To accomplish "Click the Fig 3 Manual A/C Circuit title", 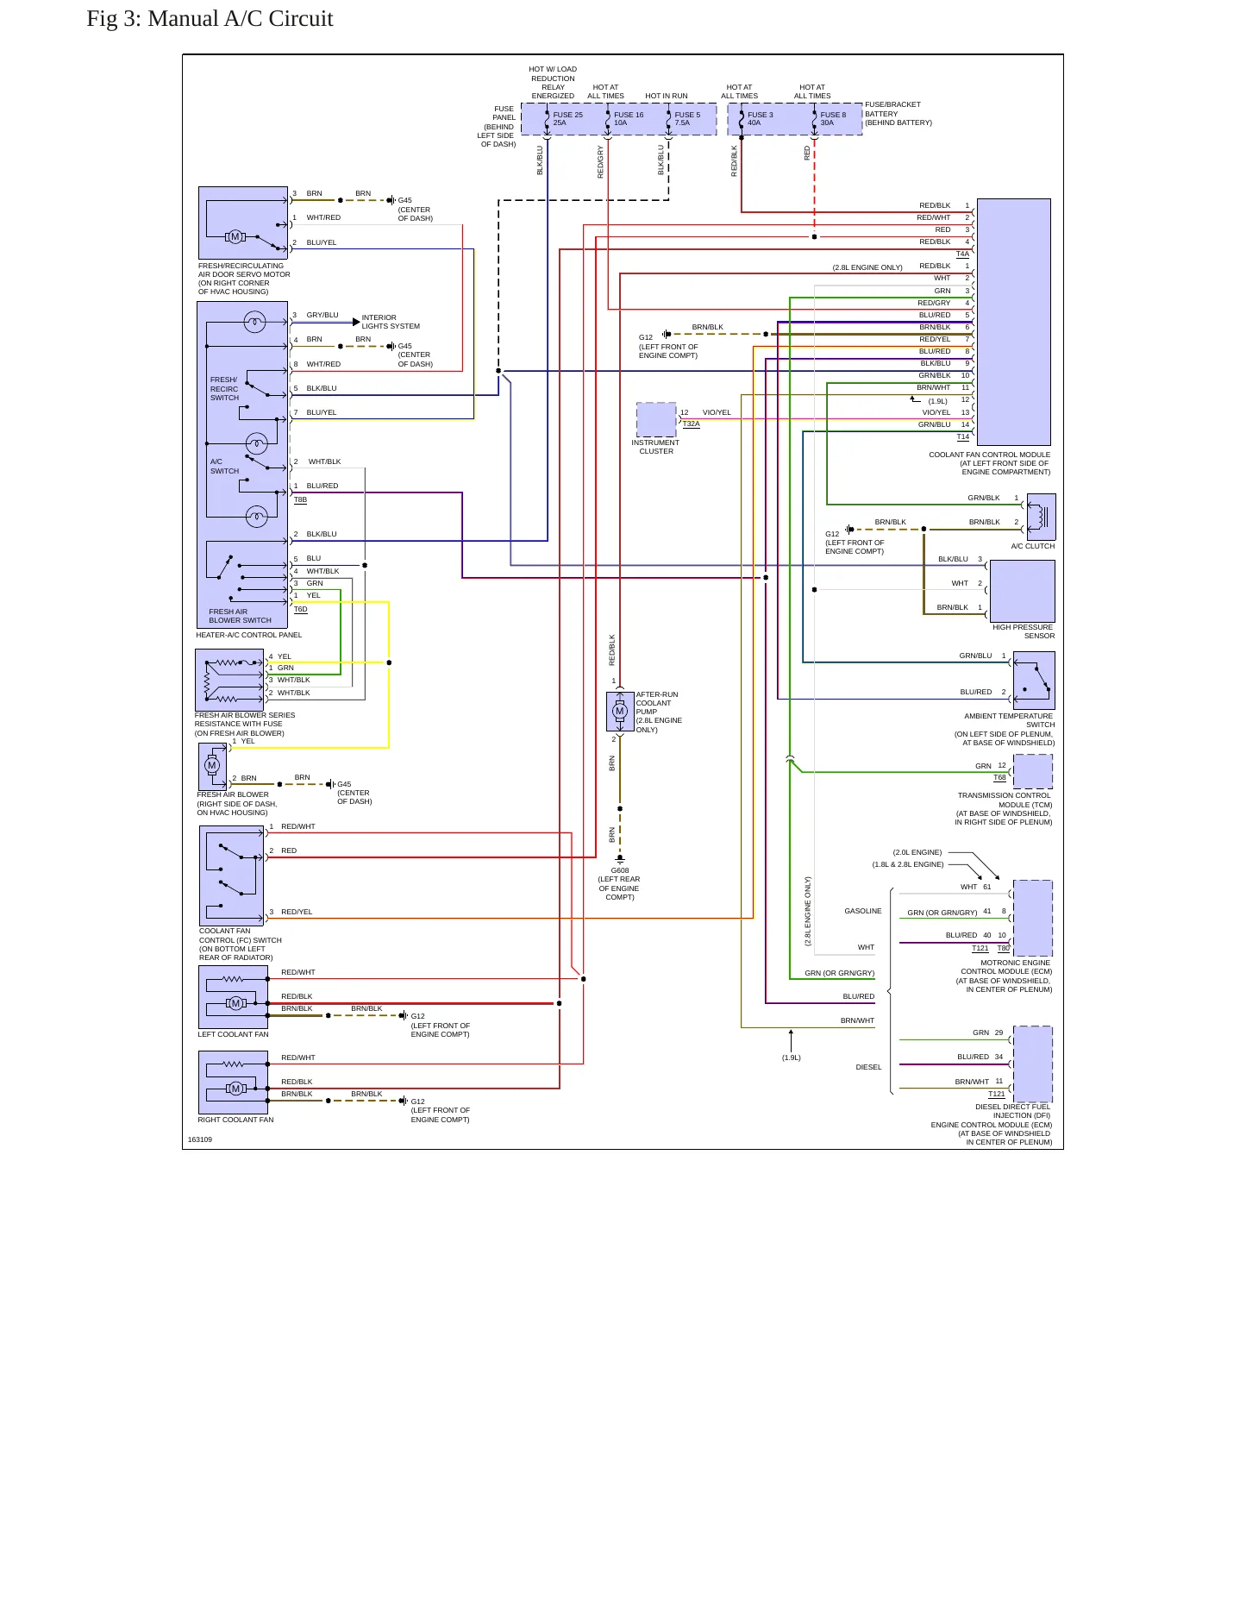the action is click(x=210, y=19).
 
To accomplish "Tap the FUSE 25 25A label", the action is click(x=567, y=119).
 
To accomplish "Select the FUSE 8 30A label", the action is click(x=833, y=119).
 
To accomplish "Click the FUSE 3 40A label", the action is click(x=760, y=119).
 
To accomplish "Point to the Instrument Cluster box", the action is click(x=656, y=420).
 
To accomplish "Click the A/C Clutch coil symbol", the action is click(x=1042, y=517).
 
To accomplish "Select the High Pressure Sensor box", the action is click(x=1023, y=591).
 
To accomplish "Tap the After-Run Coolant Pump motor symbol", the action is click(x=619, y=712).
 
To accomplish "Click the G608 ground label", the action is click(x=620, y=871).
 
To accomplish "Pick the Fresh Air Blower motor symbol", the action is click(x=212, y=766).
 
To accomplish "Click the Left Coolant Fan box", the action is click(x=233, y=996).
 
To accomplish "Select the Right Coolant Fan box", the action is click(x=233, y=1082).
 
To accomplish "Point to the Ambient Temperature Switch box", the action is click(x=1034, y=681).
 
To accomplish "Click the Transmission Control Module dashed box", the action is click(x=1033, y=771).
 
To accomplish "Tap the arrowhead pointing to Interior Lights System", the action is click(x=356, y=322).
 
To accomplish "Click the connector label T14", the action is click(x=963, y=437).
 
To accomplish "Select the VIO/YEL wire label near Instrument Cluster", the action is click(x=717, y=412).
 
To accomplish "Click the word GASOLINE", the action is click(x=863, y=911).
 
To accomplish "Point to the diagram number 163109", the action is click(x=200, y=1139).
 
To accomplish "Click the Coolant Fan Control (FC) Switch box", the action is click(x=232, y=876).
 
